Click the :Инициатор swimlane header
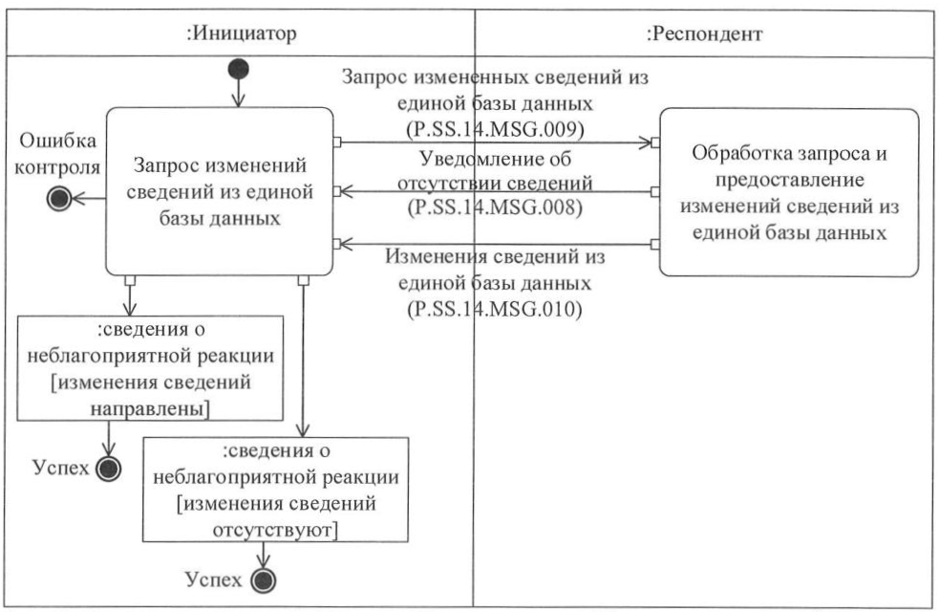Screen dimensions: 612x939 pos(241,34)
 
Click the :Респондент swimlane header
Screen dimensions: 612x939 pos(704,34)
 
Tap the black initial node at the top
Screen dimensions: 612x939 pos(238,70)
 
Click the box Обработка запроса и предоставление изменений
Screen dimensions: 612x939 pos(788,191)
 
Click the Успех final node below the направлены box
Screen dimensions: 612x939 pos(110,468)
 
